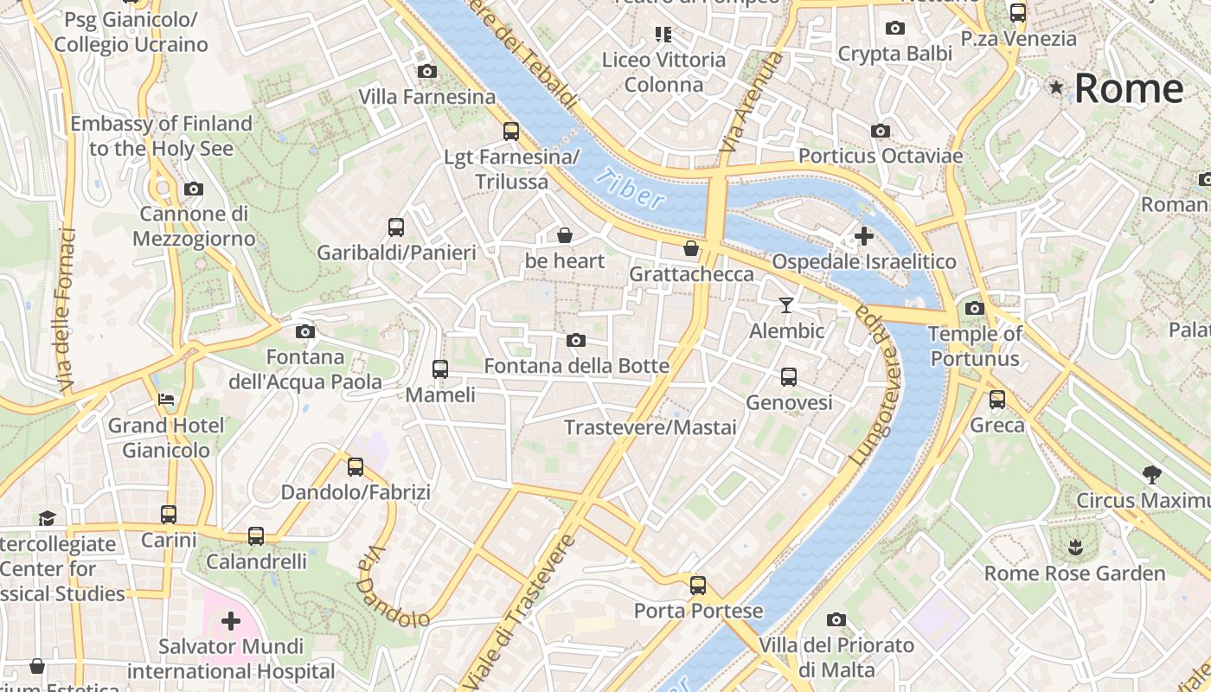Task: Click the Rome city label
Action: tap(1129, 88)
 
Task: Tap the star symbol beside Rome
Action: tap(1056, 87)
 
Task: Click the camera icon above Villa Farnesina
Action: tap(426, 71)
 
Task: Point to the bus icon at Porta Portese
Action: tap(698, 585)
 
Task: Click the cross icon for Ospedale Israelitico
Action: tap(863, 235)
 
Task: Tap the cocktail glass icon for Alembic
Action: tap(785, 304)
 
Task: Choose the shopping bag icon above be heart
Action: tap(565, 234)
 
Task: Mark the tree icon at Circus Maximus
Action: tap(1151, 474)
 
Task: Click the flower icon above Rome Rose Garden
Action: tap(1075, 547)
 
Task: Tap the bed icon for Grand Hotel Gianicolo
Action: tap(166, 400)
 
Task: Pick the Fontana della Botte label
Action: tap(576, 366)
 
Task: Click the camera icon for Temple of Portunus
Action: tap(975, 308)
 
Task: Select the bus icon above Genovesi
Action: tap(789, 376)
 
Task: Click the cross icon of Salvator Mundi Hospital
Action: tap(231, 621)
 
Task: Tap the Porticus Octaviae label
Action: tap(881, 156)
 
